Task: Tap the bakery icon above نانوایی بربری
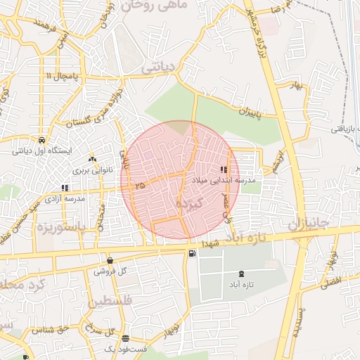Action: (91, 160)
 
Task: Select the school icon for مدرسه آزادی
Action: (65, 188)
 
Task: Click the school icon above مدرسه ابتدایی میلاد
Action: (224, 169)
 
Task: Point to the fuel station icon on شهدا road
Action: (192, 254)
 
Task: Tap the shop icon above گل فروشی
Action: (109, 260)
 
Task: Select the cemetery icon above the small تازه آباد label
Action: (242, 273)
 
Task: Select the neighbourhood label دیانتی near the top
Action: (161, 68)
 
